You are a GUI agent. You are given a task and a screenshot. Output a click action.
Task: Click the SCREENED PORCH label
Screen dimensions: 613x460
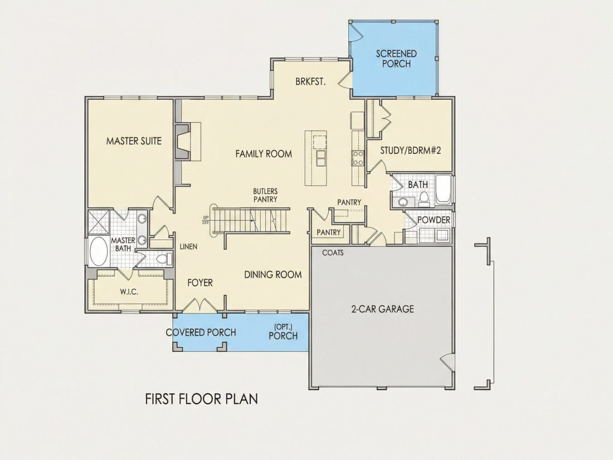396,59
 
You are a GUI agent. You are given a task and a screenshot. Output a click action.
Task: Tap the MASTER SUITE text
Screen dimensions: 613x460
134,141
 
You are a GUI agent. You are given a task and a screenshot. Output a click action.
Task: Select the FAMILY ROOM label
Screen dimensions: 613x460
264,154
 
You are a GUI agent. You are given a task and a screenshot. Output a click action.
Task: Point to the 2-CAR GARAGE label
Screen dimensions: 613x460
382,309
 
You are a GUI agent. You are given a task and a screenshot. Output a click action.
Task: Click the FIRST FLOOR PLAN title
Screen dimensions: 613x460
201,399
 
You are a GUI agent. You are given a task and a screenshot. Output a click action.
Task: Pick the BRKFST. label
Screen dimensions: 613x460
310,82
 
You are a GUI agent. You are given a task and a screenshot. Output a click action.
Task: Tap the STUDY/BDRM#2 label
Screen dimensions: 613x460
411,150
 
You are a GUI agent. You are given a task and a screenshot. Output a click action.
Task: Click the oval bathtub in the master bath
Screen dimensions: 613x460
99,251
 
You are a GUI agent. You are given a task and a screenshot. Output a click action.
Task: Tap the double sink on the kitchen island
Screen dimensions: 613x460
320,158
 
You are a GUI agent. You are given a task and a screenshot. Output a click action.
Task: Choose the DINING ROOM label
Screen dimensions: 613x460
273,274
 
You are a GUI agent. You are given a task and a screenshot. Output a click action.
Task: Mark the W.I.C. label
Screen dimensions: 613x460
129,292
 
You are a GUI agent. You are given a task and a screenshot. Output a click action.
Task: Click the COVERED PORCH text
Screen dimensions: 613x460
201,332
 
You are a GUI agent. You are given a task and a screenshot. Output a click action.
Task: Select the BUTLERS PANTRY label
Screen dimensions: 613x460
265,195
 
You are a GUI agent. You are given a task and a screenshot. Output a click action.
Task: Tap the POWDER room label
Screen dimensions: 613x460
434,220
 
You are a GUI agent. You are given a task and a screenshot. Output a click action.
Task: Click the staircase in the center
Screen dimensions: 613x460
250,221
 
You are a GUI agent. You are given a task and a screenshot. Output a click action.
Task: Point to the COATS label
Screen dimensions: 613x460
333,253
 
